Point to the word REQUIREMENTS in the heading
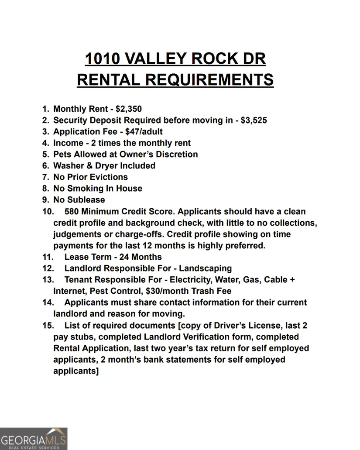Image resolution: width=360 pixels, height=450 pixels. pos(209,80)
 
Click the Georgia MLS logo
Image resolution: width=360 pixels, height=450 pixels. pos(34,438)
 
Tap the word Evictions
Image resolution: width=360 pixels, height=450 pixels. pos(107,177)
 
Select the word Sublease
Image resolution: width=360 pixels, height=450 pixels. pos(86,200)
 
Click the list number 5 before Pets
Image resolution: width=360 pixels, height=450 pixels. pos(45,155)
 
